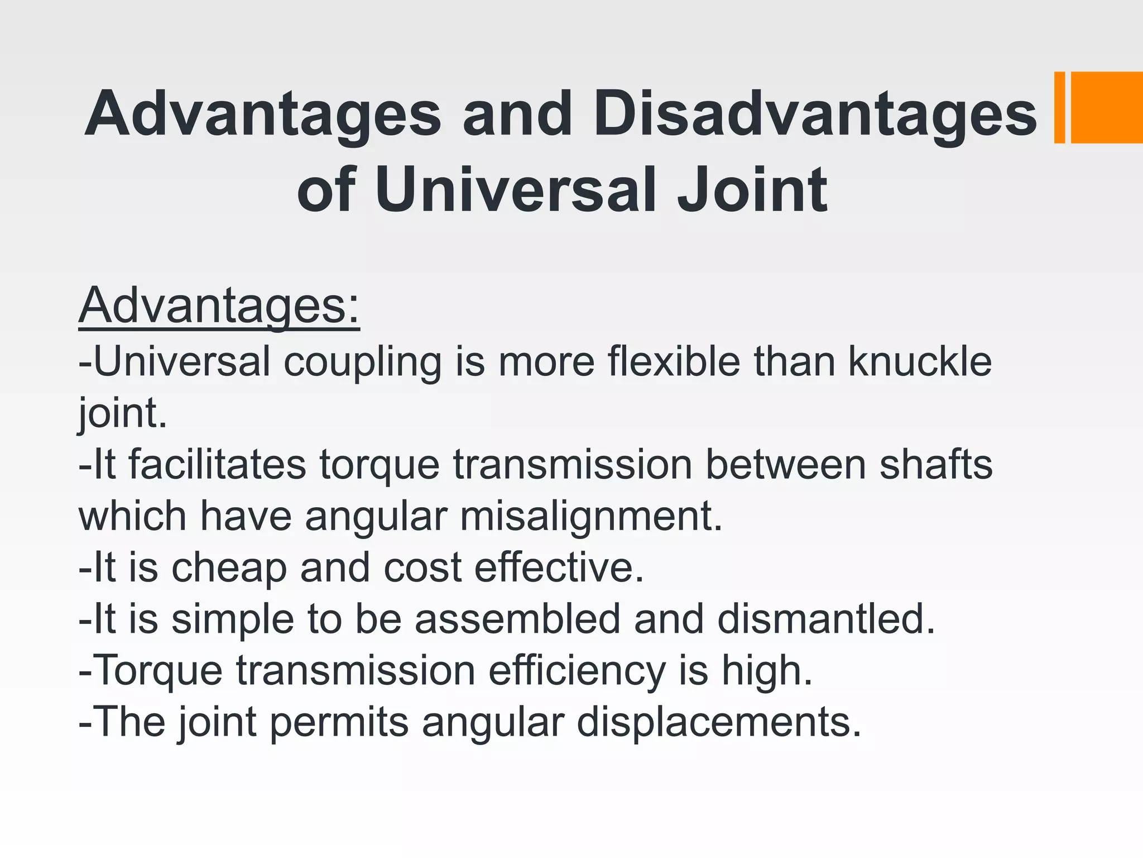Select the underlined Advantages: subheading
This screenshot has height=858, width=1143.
(219, 306)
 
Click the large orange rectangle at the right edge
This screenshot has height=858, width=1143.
(1107, 107)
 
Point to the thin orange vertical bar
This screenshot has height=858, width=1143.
(1059, 107)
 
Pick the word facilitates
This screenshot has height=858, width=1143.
(217, 465)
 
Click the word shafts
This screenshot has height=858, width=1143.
(936, 465)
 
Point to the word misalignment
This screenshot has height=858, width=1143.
(590, 517)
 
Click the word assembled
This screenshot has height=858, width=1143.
(517, 619)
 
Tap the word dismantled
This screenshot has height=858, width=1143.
(825, 619)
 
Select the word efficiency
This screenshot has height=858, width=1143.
(577, 671)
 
